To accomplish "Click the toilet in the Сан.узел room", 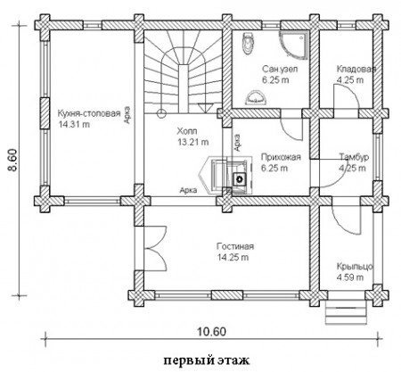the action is click(249, 44).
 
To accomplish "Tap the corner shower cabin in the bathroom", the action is click(294, 45).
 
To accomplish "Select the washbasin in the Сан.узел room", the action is click(256, 97).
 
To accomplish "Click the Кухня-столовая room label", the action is click(89, 113).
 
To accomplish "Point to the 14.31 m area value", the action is click(74, 124).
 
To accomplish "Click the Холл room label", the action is click(187, 131).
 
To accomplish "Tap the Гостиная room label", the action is click(235, 246).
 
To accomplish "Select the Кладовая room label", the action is click(356, 69).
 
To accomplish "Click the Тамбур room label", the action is click(354, 157).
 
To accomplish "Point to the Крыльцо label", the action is click(355, 266).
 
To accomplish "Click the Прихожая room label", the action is click(281, 157).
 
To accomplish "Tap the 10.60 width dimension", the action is click(211, 332).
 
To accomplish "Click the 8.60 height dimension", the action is click(13, 160).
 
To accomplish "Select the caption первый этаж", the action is click(207, 360).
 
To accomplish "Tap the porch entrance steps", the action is click(346, 312).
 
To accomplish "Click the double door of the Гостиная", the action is click(155, 248).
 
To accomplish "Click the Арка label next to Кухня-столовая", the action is click(127, 115).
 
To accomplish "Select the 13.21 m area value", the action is click(193, 142).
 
